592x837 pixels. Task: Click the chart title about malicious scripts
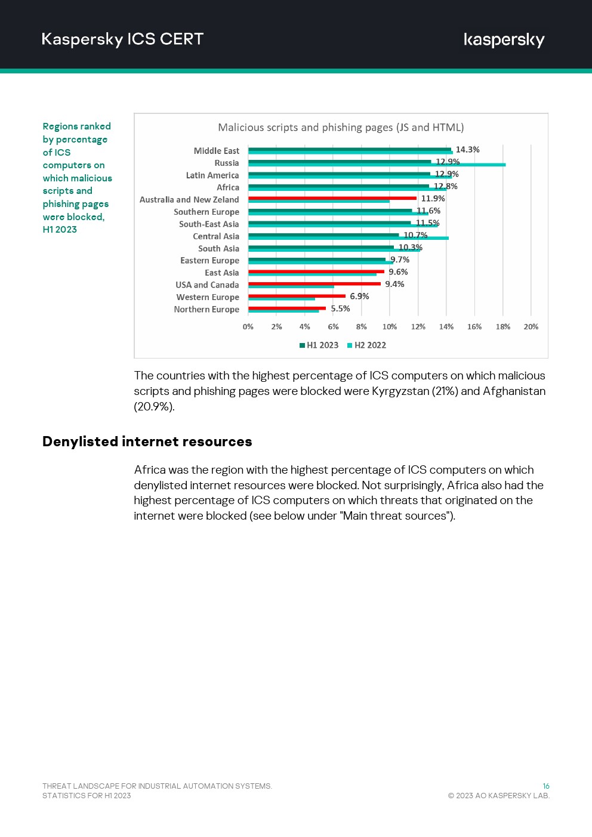[x=341, y=128]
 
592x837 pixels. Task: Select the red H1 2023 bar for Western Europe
[x=297, y=296]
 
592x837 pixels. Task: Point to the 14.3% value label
[x=467, y=150]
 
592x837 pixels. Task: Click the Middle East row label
[x=216, y=151]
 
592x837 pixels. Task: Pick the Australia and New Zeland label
[x=189, y=200]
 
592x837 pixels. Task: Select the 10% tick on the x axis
[x=390, y=327]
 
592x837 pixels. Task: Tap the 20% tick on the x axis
[x=531, y=327]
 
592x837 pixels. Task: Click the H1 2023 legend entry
[x=319, y=345]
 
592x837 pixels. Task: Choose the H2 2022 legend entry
[x=367, y=345]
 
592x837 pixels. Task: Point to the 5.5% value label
[x=340, y=309]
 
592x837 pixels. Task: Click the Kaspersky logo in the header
[x=504, y=40]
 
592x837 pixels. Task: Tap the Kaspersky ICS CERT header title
[x=122, y=39]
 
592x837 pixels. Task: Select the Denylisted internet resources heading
[x=147, y=441]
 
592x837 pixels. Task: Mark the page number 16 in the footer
[x=545, y=786]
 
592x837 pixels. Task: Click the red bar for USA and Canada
[x=314, y=284]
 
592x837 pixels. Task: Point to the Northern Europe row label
[x=206, y=310]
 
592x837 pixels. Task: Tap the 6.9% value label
[x=359, y=296]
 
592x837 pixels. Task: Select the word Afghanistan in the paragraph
[x=514, y=391]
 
